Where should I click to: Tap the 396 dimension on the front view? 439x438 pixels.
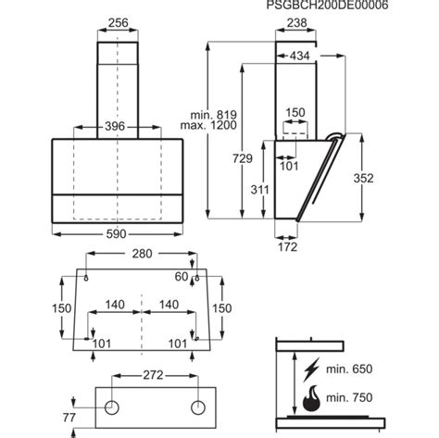click(114, 126)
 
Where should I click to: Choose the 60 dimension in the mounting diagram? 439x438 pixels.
click(181, 277)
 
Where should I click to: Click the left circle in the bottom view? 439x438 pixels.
click(111, 407)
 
